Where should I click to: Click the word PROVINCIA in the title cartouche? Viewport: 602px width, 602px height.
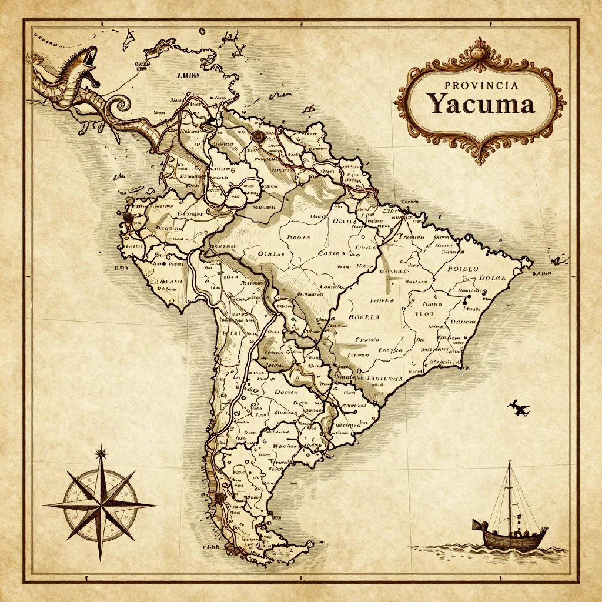coord(481,86)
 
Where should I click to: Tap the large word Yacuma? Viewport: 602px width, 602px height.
coord(481,105)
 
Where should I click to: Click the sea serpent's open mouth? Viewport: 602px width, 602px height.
coord(89,59)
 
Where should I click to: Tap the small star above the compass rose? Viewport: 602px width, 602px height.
coord(101,452)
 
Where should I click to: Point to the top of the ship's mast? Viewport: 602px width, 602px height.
coord(509,463)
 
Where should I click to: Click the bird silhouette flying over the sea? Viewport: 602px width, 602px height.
coord(519,407)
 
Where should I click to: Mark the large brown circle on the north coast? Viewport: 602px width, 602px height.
coord(256,136)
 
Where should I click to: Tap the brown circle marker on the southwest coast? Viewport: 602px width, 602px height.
coord(219,498)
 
